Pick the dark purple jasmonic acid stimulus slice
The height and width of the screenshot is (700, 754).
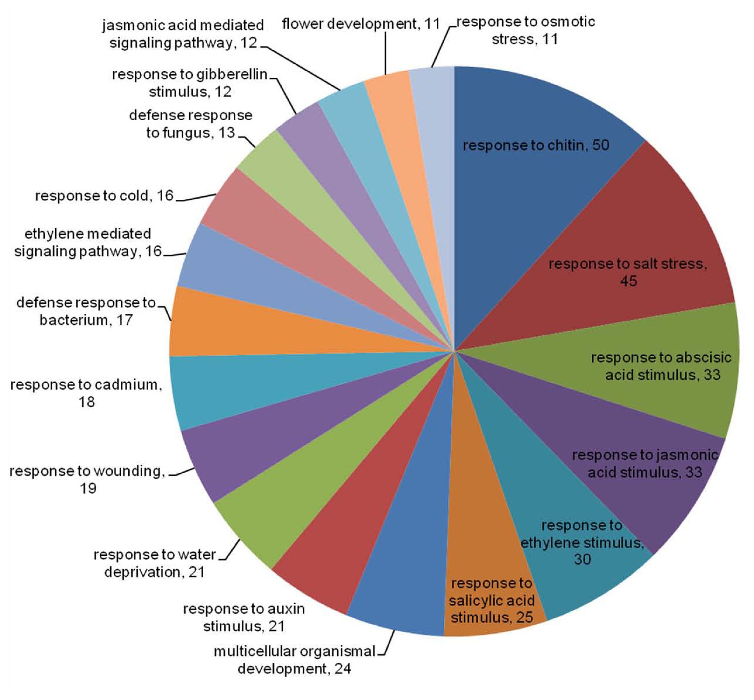pos(625,466)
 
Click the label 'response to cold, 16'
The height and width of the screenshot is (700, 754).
pos(104,196)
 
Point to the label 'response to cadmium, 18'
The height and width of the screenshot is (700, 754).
pos(86,393)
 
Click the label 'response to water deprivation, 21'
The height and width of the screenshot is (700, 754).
pos(155,563)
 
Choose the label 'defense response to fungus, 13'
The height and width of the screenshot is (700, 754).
pos(191,124)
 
